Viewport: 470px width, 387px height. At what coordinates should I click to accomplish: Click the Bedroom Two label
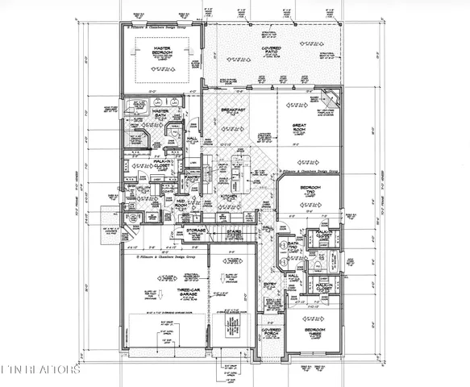(310, 191)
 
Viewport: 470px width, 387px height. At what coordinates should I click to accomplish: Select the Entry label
(270, 287)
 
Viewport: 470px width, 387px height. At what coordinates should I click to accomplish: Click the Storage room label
(195, 231)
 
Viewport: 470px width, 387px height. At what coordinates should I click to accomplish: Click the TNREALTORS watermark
(40, 372)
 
